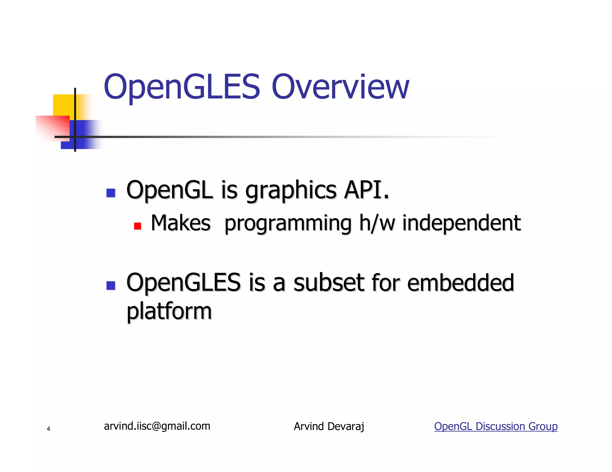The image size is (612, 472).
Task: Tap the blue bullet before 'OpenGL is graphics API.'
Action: (x=111, y=193)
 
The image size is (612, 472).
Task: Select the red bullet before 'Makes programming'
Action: (x=137, y=226)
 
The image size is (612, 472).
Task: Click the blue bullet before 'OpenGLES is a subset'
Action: (x=111, y=286)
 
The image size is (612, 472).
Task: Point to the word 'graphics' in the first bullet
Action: (x=291, y=191)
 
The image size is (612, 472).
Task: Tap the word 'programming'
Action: (x=288, y=224)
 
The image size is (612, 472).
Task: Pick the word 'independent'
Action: (x=461, y=224)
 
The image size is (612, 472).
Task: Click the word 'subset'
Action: (x=329, y=283)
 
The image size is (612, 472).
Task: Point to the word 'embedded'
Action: (x=460, y=283)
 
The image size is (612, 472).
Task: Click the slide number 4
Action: (x=48, y=429)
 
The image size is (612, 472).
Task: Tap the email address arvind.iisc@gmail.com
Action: (x=157, y=426)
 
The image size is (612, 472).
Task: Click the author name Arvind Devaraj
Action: (x=329, y=426)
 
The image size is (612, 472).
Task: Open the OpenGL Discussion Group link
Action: (x=496, y=426)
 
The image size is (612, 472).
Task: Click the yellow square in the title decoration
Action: (x=63, y=105)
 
